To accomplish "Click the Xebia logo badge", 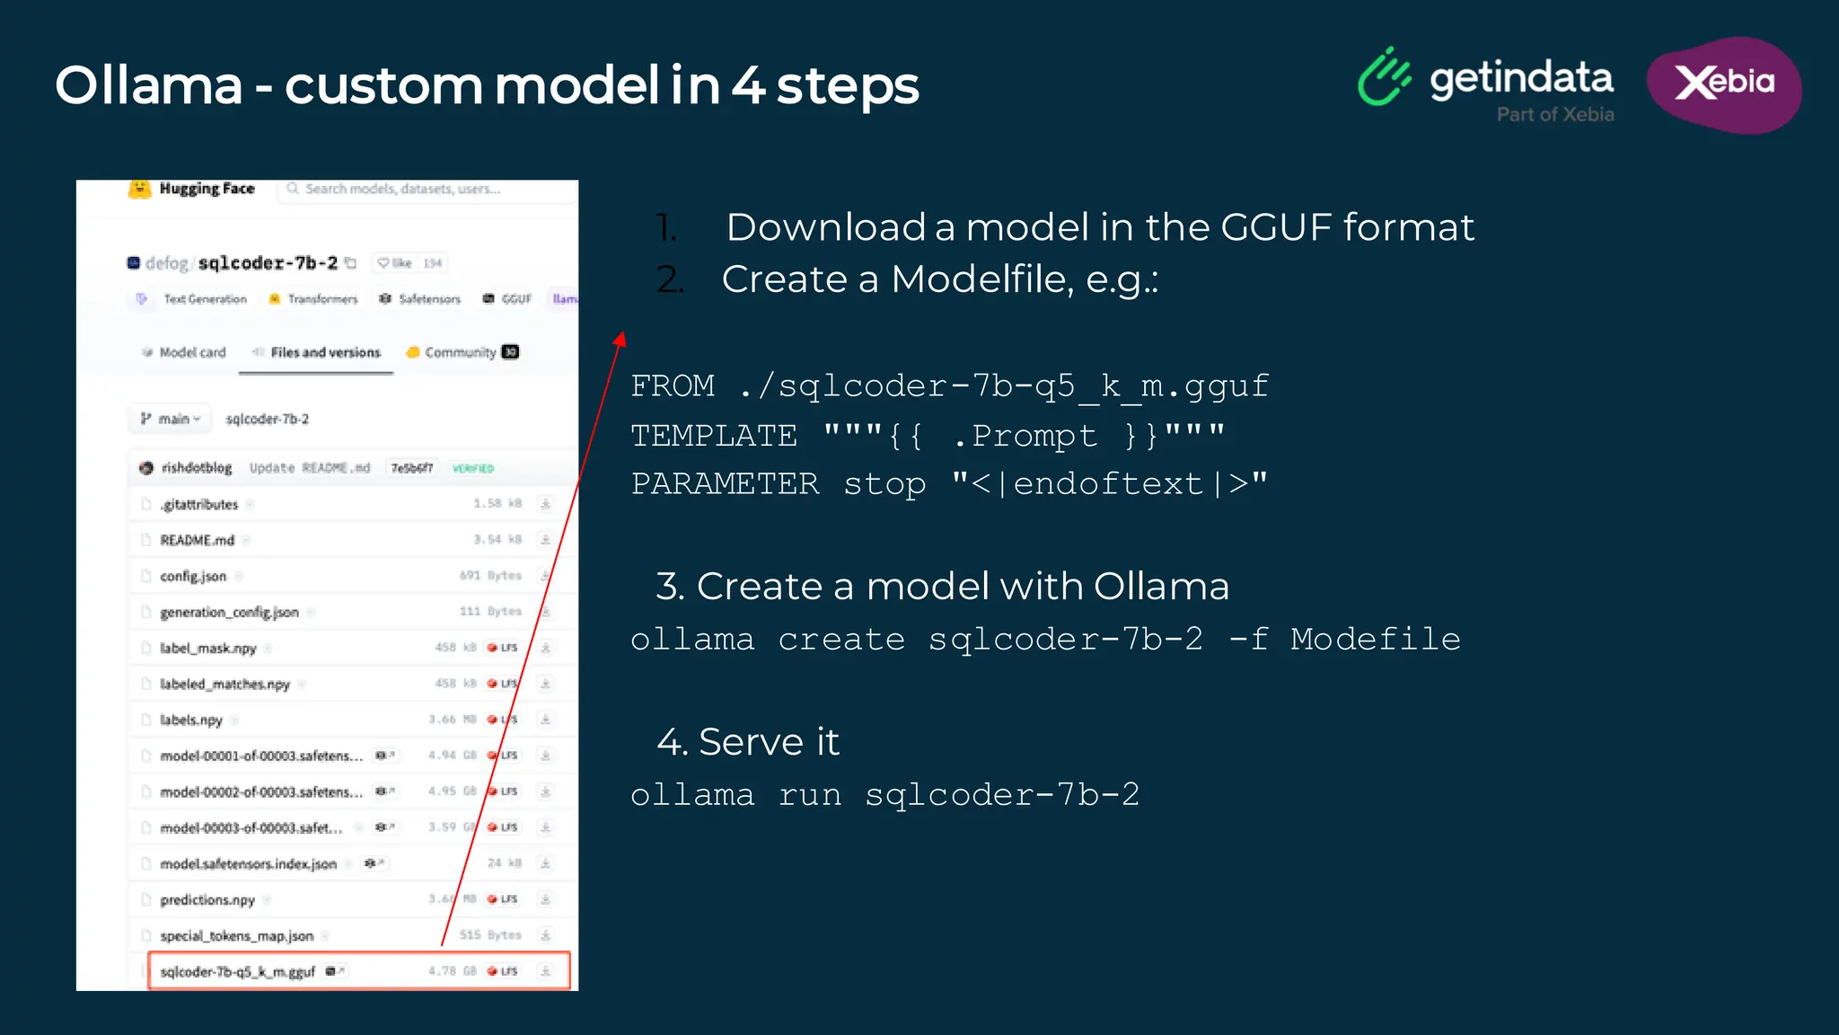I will click(1724, 84).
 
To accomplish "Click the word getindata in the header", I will click(1521, 79).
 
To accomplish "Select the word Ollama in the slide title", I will click(149, 86).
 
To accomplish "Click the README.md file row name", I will click(197, 540).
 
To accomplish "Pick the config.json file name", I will click(193, 576).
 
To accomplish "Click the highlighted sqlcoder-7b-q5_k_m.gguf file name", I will click(237, 971).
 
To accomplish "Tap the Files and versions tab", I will click(324, 352).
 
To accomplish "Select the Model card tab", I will click(191, 352).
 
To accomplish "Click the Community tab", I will click(460, 352).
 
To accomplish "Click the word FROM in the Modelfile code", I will click(673, 386).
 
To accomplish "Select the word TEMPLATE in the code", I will click(713, 436).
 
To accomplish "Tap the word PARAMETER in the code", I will click(725, 484).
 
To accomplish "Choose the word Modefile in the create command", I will click(1375, 639).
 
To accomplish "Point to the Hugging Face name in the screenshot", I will click(207, 189).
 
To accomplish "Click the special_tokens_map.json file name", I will click(236, 935).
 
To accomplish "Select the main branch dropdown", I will click(171, 419).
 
